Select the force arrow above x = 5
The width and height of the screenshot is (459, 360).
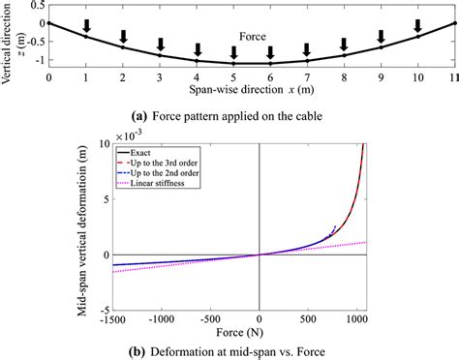[234, 52]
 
